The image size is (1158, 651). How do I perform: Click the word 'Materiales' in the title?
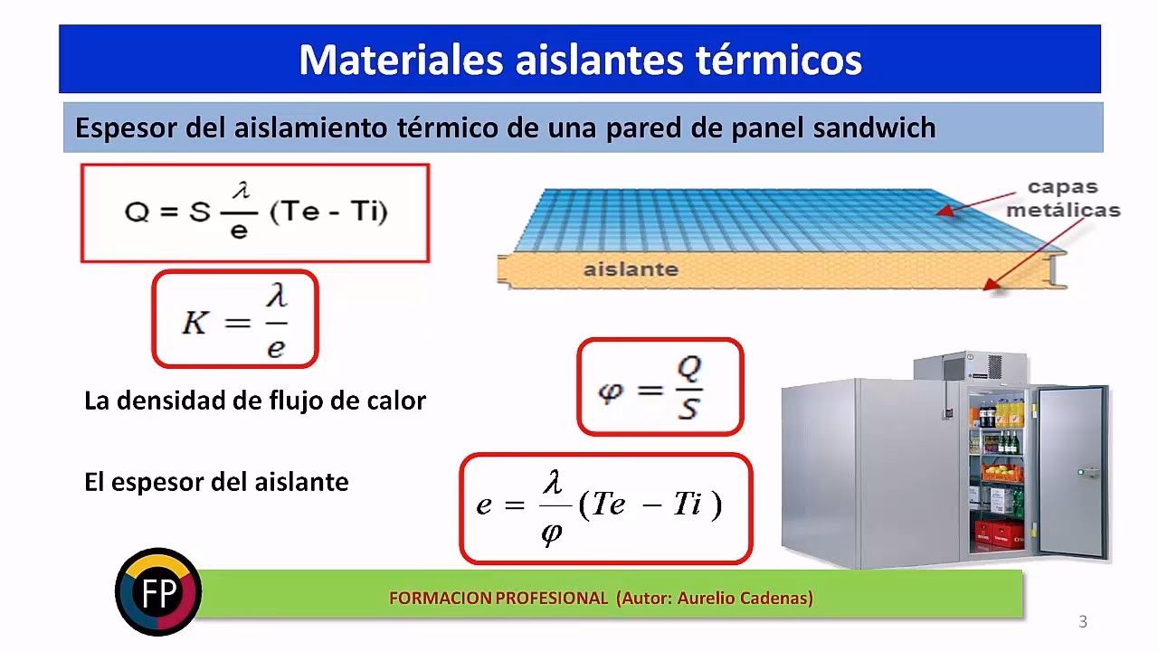pyautogui.click(x=399, y=60)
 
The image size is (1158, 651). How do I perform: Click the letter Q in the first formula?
pyautogui.click(x=136, y=212)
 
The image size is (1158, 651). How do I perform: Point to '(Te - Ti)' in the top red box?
pyautogui.click(x=329, y=212)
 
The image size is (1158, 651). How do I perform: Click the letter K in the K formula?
pyautogui.click(x=195, y=323)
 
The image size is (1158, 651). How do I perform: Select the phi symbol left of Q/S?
pyautogui.click(x=612, y=391)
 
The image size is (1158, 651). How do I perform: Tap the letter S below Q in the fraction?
pyautogui.click(x=688, y=409)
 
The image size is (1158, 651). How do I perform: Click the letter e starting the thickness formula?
pyautogui.click(x=485, y=505)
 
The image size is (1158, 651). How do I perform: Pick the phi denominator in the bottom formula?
pyautogui.click(x=551, y=533)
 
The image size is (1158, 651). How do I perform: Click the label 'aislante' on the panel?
pyautogui.click(x=631, y=269)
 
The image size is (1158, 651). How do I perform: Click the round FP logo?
pyautogui.click(x=158, y=592)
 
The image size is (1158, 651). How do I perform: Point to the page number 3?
pyautogui.click(x=1083, y=621)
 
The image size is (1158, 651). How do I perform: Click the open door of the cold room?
pyautogui.click(x=1073, y=470)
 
